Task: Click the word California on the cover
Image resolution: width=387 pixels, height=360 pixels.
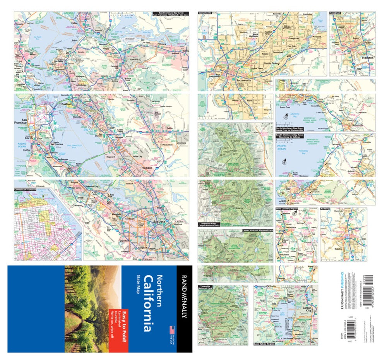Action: [147, 303]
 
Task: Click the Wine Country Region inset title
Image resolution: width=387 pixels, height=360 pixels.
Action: [287, 209]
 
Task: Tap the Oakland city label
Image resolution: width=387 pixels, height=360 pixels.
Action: [67, 104]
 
